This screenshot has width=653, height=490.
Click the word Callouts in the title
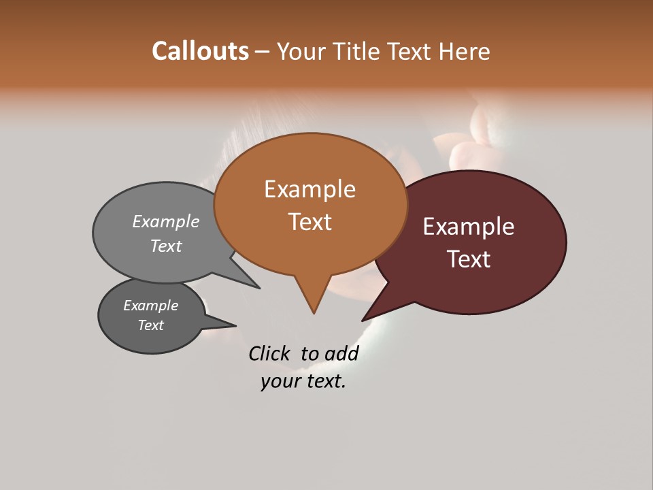[200, 51]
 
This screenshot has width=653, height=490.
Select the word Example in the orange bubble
[309, 189]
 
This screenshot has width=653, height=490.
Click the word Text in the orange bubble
[310, 221]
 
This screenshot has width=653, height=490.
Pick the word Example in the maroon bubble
[469, 227]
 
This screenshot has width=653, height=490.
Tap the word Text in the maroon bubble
[469, 259]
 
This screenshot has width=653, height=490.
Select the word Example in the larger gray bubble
[166, 221]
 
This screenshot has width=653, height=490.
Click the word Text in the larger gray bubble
[166, 246]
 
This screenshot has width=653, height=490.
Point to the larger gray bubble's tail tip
[259, 288]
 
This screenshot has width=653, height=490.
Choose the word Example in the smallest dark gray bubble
[150, 306]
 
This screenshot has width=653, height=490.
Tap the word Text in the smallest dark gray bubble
[150, 325]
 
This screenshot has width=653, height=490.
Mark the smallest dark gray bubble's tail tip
[236, 325]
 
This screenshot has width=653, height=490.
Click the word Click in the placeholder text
[269, 353]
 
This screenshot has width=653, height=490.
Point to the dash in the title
[263, 51]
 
